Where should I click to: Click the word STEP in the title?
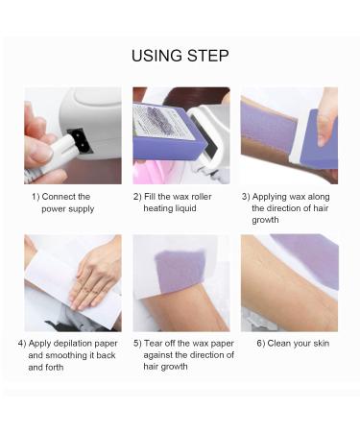pos(208,56)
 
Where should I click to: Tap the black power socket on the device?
pos(80,141)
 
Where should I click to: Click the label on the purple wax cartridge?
pos(163,121)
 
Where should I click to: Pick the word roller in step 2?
pos(203,196)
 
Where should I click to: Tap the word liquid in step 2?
pos(185,208)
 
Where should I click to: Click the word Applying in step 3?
pos(270,197)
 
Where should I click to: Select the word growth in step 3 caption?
pos(265,220)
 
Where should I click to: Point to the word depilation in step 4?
pos(74,344)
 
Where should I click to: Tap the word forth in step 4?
pos(54,367)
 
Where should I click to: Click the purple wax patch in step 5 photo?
pos(180,271)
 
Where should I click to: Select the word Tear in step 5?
pos(153,344)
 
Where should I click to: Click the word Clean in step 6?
pos(279,344)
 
